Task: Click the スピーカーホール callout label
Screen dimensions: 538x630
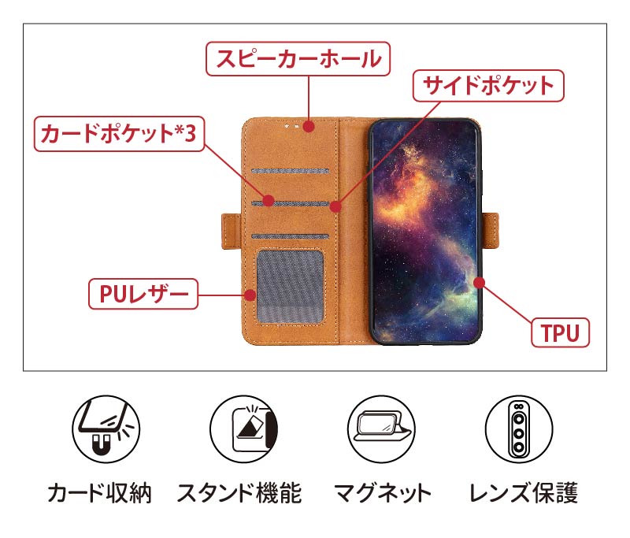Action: point(298,58)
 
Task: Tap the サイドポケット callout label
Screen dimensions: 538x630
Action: point(489,85)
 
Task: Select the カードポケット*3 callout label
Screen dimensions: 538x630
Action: point(119,135)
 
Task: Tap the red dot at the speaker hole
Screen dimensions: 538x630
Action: point(309,125)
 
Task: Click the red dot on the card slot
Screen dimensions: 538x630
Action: point(268,201)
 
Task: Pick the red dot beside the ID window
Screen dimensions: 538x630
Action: point(250,295)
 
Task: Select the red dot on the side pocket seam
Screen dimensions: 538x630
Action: point(335,207)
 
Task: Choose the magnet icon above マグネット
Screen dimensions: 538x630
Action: point(380,429)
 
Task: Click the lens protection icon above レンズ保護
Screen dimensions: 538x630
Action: point(519,429)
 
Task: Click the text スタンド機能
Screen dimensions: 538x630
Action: point(239,494)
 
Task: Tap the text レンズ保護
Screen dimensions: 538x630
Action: point(523,494)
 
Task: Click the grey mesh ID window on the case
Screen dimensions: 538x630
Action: point(291,288)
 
